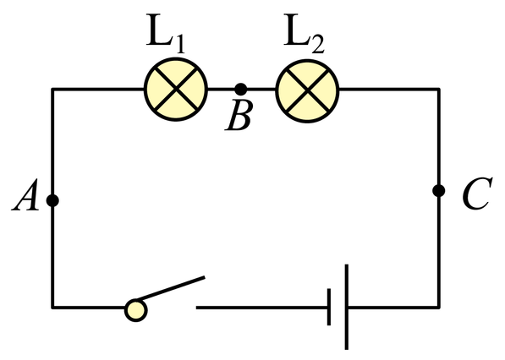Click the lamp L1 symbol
point(176,90)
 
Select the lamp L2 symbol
point(307,90)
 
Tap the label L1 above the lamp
point(166,34)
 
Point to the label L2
point(305,34)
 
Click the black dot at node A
point(52,200)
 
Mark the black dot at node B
point(240,89)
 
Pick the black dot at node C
point(439,190)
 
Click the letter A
point(25,195)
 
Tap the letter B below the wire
point(239,116)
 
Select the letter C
point(477,193)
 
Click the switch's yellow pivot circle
point(136,310)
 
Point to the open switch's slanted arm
point(171,288)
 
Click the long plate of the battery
point(347,307)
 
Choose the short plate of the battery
point(329,307)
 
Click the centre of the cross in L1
point(176,90)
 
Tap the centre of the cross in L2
point(307,90)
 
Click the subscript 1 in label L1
point(179,43)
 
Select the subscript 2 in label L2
point(318,43)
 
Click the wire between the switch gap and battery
point(262,308)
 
